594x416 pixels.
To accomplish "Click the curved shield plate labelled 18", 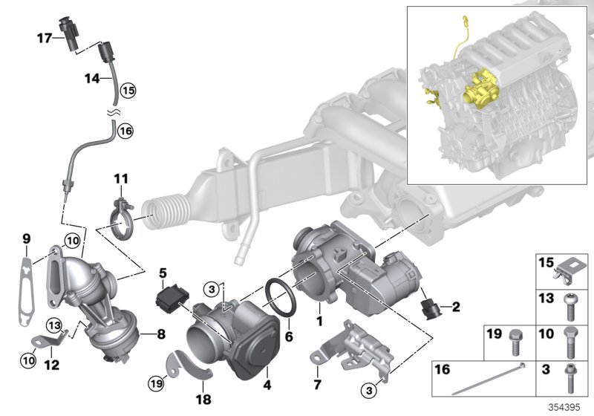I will (189, 365).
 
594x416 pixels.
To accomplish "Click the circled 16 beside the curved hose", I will (124, 131).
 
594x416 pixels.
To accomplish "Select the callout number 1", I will (319, 321).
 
